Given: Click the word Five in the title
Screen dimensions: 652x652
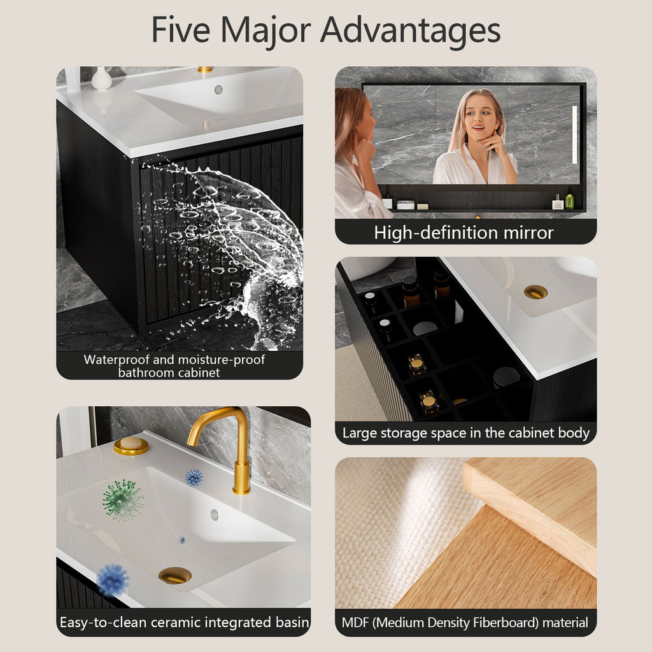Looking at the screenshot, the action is pos(180,29).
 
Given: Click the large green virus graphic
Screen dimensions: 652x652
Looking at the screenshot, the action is pos(123,500).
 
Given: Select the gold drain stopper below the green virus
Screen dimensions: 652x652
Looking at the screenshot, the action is pos(174,576).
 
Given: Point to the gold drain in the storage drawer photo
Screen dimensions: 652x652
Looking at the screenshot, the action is pos(535,292).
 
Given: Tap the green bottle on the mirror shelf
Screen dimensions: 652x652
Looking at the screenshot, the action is pos(569,199).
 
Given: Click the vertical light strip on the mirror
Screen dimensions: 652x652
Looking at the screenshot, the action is pos(575,135).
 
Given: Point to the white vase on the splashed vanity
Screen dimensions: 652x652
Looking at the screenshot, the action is pos(101,78).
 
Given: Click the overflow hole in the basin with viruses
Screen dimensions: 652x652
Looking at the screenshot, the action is pos(214,514).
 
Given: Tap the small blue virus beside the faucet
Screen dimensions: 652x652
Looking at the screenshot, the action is pos(194,478).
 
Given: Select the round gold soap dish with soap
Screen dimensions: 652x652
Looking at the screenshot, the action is pos(131,446).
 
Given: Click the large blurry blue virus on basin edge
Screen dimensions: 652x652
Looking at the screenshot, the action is pos(113,579).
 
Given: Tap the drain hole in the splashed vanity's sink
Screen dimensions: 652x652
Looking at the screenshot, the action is pos(218,89).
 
